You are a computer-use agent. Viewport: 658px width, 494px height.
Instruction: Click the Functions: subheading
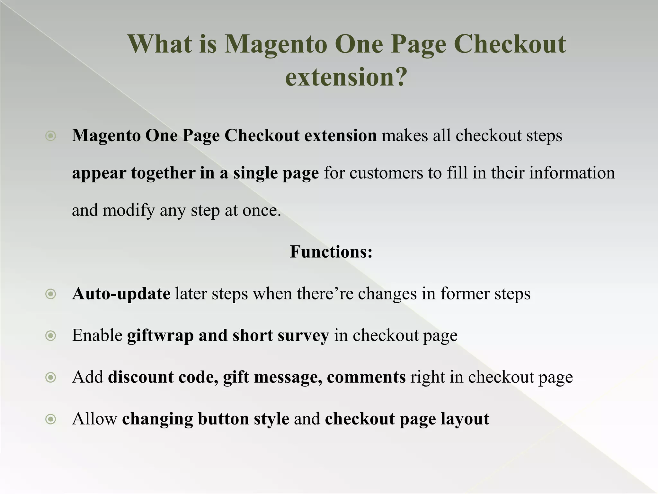[331, 252]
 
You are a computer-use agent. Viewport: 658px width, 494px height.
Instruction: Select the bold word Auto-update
[121, 294]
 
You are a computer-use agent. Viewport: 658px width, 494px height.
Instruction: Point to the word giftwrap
[160, 336]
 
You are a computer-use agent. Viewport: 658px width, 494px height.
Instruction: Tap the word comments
[366, 377]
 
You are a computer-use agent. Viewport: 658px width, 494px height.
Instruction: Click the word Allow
[94, 419]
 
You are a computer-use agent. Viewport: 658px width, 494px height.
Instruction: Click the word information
[572, 173]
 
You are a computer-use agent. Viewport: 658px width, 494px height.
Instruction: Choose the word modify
[129, 211]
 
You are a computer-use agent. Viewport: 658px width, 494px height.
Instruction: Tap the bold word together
[163, 173]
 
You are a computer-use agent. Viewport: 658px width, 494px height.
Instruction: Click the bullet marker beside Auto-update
[51, 294]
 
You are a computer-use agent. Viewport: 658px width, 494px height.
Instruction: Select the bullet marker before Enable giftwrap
[51, 336]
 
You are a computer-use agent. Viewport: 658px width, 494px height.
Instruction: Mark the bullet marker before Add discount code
[51, 377]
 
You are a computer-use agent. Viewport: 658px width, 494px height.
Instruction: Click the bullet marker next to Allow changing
[51, 419]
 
